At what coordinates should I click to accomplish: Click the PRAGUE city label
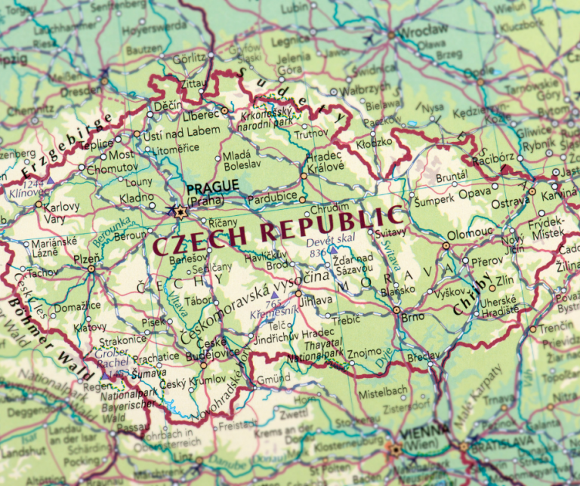(x=212, y=186)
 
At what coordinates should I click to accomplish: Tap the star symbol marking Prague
(x=179, y=213)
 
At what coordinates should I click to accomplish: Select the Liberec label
(x=200, y=115)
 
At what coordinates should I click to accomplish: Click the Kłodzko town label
(x=375, y=142)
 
